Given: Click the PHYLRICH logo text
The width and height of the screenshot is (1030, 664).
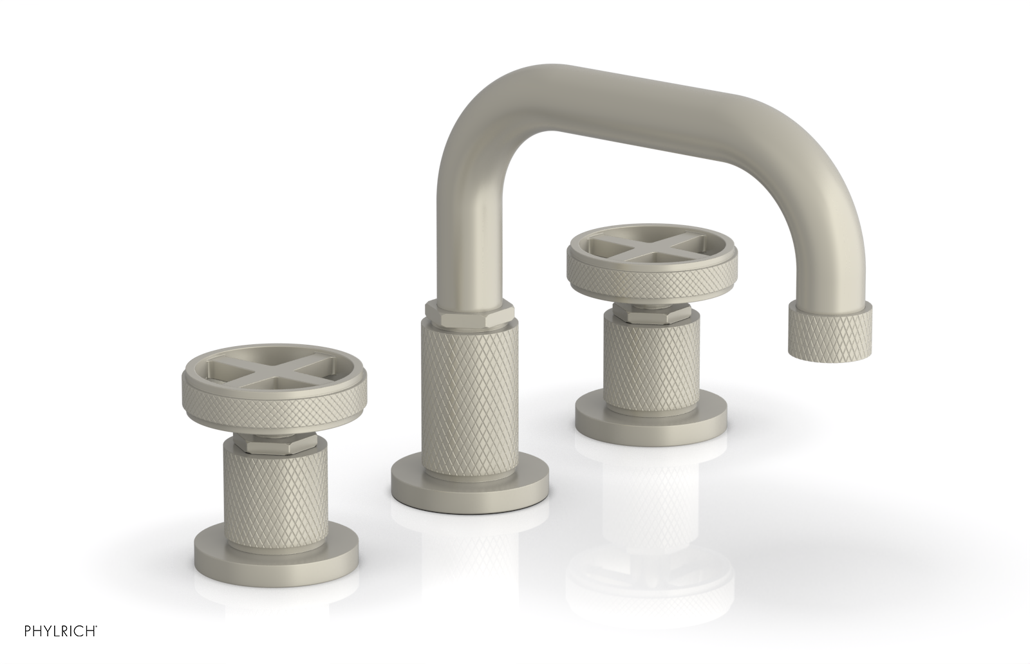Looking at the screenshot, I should point(49,646).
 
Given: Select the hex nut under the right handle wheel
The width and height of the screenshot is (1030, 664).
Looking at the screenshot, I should point(650,315).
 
